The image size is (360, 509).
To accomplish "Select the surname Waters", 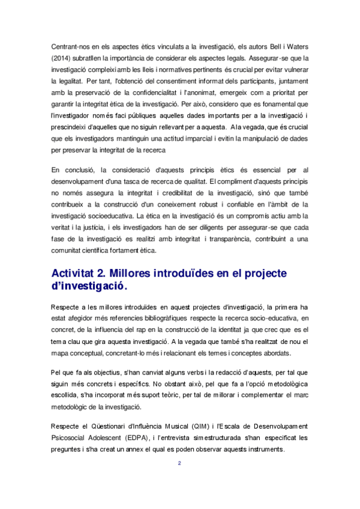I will coord(293,46).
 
